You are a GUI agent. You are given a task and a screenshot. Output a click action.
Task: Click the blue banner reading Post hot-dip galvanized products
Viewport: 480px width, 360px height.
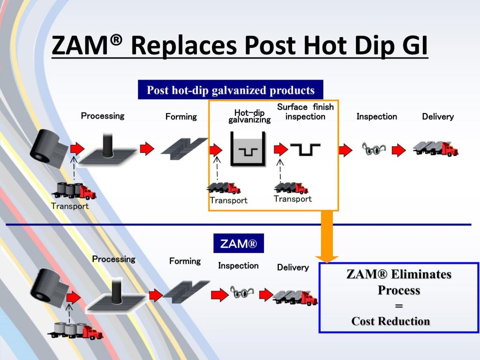[231, 90]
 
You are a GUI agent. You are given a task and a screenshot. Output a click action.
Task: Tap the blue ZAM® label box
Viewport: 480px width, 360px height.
[239, 243]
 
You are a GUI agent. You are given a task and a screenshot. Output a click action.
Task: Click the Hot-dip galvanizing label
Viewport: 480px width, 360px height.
[249, 116]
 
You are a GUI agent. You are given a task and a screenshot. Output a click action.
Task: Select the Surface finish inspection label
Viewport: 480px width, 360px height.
[305, 112]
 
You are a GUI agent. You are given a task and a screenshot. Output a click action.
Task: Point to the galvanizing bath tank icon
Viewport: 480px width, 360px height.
[248, 149]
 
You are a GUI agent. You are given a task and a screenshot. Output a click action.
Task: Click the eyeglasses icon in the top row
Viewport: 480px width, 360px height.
[374, 150]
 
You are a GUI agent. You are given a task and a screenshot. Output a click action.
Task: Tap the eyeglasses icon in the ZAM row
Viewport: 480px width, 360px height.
[242, 292]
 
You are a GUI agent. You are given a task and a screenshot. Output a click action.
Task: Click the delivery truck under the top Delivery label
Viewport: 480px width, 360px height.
[435, 149]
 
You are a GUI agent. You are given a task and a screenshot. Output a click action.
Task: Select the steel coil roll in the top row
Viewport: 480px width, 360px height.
[48, 149]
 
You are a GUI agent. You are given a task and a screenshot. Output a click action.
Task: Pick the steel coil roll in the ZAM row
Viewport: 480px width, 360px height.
[48, 288]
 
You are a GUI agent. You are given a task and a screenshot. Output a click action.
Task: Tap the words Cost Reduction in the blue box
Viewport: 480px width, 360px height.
[390, 321]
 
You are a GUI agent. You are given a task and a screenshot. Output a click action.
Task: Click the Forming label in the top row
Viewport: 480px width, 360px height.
[181, 117]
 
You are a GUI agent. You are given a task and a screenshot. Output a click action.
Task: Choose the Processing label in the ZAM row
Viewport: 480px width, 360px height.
[113, 259]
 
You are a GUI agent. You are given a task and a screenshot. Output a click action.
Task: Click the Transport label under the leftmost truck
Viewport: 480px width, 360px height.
[70, 206]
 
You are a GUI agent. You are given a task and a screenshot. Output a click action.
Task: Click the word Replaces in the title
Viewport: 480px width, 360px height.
[184, 45]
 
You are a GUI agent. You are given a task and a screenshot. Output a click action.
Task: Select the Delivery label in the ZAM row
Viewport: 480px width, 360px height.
[292, 267]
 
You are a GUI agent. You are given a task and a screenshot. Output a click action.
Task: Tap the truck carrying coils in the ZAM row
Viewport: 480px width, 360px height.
[75, 330]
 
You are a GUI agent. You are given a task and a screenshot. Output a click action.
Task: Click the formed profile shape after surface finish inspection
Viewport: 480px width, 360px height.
[305, 150]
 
